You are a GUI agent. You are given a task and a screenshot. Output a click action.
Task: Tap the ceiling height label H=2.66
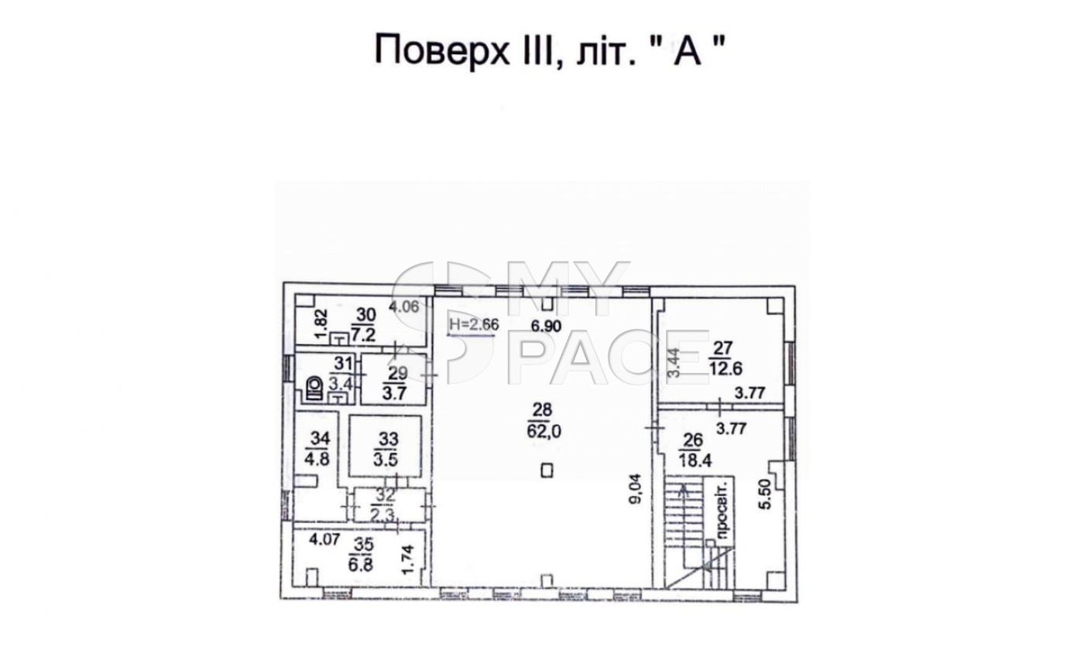(473, 324)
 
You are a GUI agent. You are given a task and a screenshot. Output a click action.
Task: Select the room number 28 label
(542, 409)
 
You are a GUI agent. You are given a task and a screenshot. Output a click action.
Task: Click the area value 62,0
(544, 431)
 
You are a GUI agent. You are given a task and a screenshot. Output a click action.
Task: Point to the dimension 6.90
(546, 327)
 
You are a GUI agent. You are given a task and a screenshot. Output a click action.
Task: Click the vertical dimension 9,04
(635, 489)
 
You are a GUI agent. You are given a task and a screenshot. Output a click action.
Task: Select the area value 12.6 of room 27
(726, 368)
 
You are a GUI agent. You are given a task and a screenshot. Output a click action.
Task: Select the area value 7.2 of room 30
(363, 334)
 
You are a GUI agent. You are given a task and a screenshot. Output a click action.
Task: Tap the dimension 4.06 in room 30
(404, 306)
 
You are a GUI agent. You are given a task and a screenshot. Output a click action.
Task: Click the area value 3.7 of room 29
(394, 394)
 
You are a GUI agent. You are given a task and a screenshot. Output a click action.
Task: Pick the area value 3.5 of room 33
(386, 459)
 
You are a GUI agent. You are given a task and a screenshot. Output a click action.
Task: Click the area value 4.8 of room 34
(317, 458)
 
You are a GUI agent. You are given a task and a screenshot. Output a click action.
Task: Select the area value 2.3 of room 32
(386, 512)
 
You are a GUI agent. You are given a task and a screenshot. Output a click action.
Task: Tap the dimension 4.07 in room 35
(324, 539)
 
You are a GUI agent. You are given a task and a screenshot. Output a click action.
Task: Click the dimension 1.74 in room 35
(408, 560)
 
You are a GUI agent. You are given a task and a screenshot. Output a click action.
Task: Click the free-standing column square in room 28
(547, 470)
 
